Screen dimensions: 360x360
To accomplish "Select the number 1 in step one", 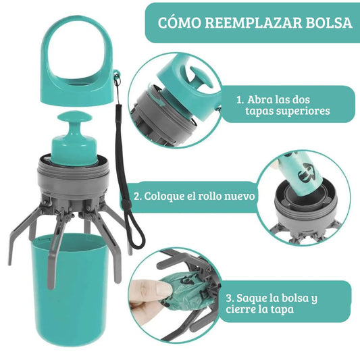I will (x=240, y=99).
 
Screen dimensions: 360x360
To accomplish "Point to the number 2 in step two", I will (x=137, y=197).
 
